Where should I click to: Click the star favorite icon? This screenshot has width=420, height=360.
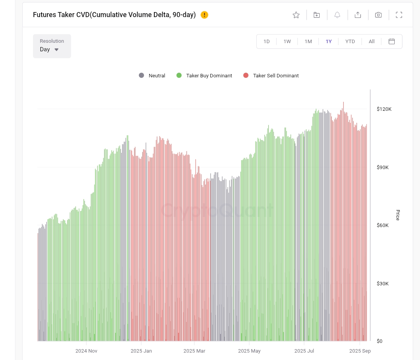296,15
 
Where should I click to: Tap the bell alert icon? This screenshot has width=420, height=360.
337,15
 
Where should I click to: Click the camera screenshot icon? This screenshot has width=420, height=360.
378,15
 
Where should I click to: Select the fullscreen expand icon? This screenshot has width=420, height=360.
399,15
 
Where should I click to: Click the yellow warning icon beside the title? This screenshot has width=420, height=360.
205,15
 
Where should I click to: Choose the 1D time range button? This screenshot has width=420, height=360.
266,42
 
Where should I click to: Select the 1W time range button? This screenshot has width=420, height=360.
287,42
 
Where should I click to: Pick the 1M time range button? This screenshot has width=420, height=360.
308,42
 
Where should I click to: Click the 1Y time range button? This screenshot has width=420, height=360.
329,42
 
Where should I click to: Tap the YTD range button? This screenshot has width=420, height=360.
350,42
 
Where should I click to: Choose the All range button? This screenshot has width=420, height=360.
371,42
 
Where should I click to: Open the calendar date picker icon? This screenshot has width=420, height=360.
392,42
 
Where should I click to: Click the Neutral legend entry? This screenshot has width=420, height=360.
152,76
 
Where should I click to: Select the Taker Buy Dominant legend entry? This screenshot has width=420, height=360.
205,76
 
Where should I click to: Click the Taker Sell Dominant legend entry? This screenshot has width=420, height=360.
271,76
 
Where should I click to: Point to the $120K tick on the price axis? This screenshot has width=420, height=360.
384,109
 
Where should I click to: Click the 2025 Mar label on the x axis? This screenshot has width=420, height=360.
194,351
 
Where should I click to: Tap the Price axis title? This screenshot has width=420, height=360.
397,215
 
